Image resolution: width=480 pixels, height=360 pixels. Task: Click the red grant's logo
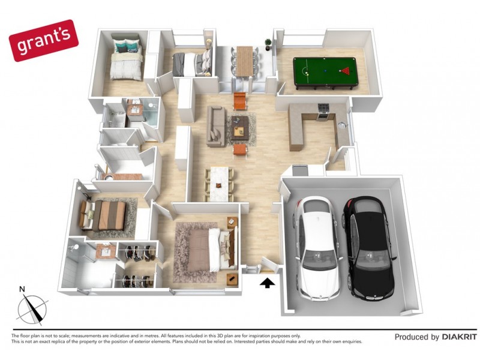click(44, 41)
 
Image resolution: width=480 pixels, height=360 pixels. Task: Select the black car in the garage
click(367, 248)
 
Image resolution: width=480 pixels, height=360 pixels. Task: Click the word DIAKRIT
click(459, 337)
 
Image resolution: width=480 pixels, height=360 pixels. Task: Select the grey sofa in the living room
click(215, 126)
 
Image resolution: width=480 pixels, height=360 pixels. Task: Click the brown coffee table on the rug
click(241, 126)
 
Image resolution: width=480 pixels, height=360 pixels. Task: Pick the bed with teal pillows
click(127, 60)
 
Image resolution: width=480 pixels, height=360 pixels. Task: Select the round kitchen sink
click(342, 125)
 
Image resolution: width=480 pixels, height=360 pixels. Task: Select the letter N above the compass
click(22, 290)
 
